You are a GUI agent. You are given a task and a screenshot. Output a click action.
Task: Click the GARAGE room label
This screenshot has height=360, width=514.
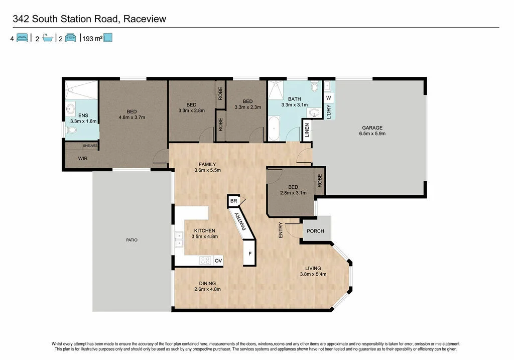(372, 128)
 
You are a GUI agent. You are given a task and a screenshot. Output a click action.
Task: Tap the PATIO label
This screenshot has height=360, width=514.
(132, 240)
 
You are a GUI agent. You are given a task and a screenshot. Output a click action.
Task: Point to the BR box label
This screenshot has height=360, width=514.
(233, 201)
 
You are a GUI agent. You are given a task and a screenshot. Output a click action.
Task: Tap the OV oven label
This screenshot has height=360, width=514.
(218, 261)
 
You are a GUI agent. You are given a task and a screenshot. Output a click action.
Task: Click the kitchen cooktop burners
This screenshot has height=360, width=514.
(205, 261)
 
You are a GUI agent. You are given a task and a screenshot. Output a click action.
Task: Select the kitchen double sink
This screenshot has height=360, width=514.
(179, 239)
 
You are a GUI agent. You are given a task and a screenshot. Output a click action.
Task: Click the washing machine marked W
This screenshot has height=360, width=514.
(328, 97)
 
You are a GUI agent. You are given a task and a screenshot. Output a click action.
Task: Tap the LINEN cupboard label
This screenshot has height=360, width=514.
(307, 132)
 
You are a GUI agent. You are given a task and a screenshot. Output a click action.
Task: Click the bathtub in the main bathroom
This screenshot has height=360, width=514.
(274, 130)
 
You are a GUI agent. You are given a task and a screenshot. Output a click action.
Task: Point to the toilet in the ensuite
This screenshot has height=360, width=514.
(71, 131)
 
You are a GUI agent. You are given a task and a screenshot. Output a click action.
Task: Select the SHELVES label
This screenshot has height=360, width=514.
(90, 146)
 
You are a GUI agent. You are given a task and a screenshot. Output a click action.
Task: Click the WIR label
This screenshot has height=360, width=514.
(83, 158)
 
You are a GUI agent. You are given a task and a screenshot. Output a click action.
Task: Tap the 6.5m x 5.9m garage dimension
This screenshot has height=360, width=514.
(372, 134)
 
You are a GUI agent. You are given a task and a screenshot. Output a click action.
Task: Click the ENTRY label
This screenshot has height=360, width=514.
(281, 230)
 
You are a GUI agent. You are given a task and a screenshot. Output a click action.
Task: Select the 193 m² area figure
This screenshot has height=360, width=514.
(91, 38)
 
